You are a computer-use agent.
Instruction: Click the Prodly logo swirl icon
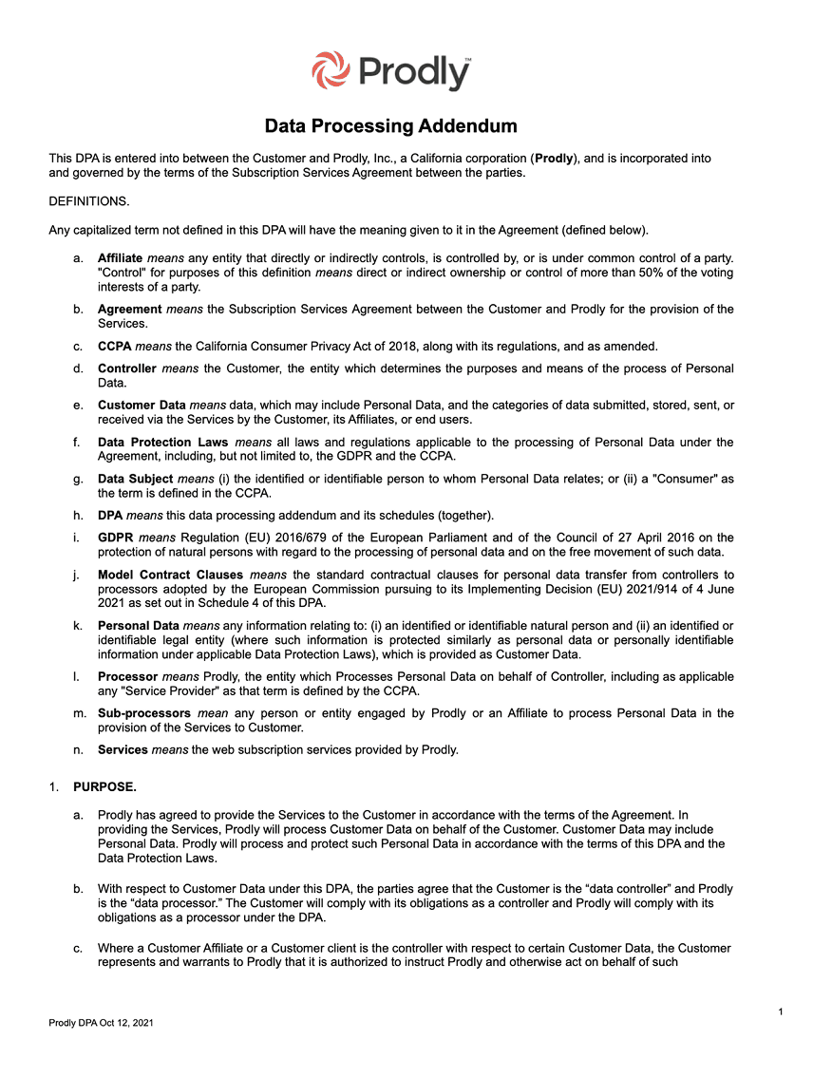[x=330, y=70]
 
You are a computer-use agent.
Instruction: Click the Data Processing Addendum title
[x=390, y=126]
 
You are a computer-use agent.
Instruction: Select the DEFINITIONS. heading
[x=89, y=201]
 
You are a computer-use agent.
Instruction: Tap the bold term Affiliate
[x=120, y=258]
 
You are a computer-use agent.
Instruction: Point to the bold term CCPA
[x=114, y=346]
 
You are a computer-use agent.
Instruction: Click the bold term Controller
[x=127, y=368]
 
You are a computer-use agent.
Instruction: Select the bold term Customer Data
[x=142, y=406]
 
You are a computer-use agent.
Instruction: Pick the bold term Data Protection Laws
[x=162, y=443]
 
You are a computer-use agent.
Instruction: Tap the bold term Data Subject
[x=136, y=480]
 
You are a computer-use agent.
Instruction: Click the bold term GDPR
[x=115, y=538]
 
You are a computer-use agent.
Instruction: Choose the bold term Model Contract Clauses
[x=171, y=576]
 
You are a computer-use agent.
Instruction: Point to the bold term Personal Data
[x=139, y=626]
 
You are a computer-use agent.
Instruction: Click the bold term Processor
[x=128, y=677]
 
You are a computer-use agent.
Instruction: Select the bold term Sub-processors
[x=144, y=713]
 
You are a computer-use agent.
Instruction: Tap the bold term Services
[x=123, y=750]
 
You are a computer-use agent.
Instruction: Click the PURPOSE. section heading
[x=104, y=787]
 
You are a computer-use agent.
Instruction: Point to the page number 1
[x=780, y=1012]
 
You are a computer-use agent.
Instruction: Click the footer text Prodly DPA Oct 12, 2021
[x=101, y=1023]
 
